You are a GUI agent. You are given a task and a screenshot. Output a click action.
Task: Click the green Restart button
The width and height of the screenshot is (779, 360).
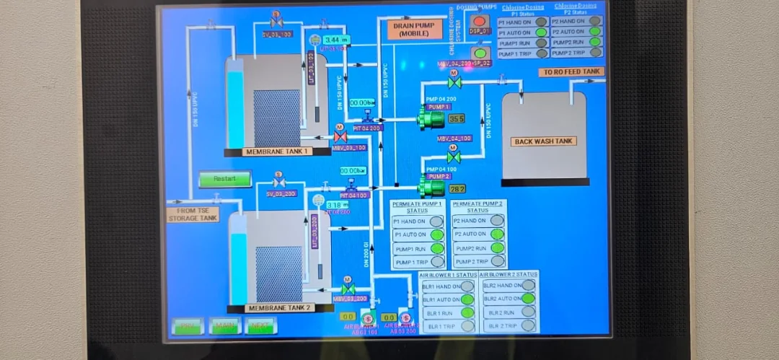(225, 179)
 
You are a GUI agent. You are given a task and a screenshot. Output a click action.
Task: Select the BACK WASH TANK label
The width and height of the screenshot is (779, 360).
(544, 141)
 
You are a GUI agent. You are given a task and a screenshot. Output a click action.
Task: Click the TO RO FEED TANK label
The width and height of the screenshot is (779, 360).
(571, 72)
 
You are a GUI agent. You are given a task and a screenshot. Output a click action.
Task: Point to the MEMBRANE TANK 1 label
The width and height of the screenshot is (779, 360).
(278, 152)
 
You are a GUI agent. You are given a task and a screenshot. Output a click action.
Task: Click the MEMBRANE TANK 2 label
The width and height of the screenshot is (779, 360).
(280, 308)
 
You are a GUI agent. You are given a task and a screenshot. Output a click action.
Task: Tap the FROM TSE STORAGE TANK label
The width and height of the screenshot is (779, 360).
(193, 214)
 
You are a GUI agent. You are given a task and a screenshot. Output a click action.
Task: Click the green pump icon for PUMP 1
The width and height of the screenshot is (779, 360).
(431, 118)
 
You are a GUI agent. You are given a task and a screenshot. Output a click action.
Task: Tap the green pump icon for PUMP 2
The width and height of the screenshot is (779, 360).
(431, 188)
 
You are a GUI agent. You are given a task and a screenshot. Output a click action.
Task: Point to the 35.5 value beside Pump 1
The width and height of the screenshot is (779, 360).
(457, 118)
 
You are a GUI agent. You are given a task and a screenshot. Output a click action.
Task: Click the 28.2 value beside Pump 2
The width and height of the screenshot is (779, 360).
(457, 188)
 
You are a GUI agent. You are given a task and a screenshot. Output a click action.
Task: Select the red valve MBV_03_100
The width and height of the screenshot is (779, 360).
(340, 136)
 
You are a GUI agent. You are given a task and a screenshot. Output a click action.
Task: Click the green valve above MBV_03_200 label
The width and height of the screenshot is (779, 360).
(348, 289)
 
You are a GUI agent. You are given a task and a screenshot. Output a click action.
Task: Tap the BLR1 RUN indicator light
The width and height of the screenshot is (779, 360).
(467, 312)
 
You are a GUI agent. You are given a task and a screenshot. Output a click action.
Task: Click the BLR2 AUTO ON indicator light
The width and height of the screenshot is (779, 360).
(529, 299)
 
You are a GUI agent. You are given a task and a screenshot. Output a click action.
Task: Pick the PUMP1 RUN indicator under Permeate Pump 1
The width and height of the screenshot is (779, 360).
(437, 248)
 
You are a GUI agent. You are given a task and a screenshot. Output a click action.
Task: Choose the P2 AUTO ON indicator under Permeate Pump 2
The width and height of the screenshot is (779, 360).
(497, 234)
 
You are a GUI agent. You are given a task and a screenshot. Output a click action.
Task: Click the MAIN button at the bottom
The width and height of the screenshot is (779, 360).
(225, 326)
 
